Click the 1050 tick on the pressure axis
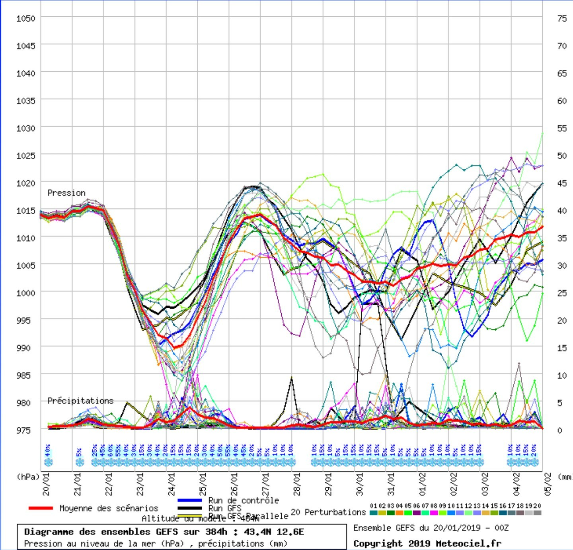click(25, 18)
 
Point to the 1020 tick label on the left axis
click(25, 183)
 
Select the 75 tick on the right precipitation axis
click(562, 18)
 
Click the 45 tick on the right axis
click(562, 183)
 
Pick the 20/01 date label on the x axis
click(46, 484)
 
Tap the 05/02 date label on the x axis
click(548, 484)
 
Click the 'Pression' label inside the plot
click(66, 193)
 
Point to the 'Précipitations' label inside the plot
click(80, 401)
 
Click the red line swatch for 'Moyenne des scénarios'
click(41, 508)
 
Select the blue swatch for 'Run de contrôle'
click(190, 501)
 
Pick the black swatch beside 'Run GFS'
click(190, 508)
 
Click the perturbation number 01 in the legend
click(373, 506)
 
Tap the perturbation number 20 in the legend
click(537, 506)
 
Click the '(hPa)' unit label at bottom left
click(28, 477)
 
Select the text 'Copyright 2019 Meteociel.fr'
click(427, 543)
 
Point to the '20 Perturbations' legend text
click(328, 512)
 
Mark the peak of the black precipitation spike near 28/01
click(292, 377)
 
